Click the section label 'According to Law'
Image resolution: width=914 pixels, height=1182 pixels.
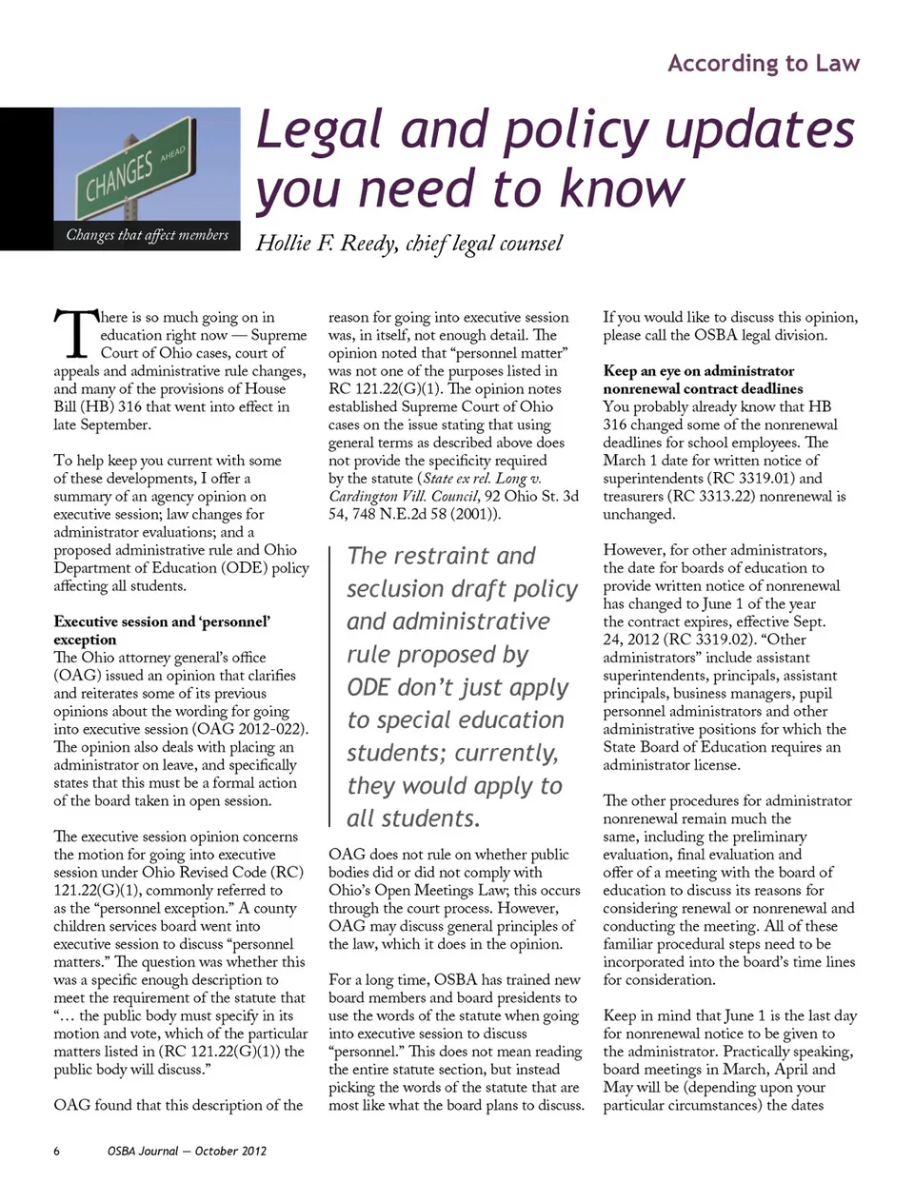pos(764,64)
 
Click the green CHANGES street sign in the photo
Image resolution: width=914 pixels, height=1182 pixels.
pos(124,172)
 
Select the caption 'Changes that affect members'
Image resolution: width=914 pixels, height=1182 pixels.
pos(148,234)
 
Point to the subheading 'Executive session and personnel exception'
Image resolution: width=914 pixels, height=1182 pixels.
pos(162,630)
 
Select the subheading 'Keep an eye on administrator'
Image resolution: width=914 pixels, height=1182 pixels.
pos(698,371)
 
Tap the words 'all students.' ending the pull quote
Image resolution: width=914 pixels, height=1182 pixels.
pos(413,818)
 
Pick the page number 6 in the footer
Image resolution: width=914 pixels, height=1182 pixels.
pos(57,1151)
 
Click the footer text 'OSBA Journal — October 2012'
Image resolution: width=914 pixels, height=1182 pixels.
pos(187,1151)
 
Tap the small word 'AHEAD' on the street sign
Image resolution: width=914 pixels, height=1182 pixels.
pos(173,152)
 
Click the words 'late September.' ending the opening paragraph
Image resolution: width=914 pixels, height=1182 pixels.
pos(102,424)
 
